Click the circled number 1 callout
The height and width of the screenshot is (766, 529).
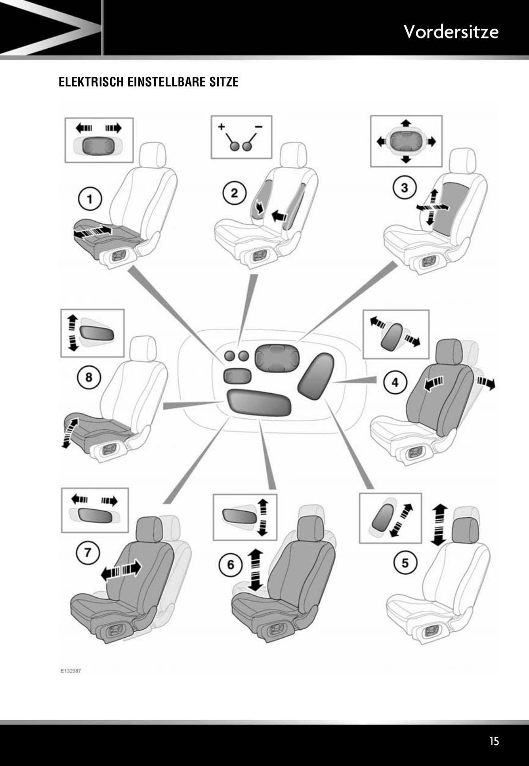(x=89, y=199)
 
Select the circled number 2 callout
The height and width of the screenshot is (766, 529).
(x=234, y=192)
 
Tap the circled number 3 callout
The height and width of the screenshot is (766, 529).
(x=404, y=188)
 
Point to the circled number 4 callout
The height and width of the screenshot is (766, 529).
(x=395, y=382)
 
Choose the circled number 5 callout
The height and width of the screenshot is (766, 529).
(x=405, y=563)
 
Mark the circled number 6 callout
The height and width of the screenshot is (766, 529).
(x=231, y=565)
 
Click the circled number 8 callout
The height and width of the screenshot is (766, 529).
(x=88, y=377)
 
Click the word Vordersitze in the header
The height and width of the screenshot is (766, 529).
(x=451, y=32)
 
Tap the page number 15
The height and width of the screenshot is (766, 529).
(x=494, y=741)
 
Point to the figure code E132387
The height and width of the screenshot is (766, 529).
(x=70, y=670)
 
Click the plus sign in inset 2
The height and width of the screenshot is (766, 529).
(x=221, y=126)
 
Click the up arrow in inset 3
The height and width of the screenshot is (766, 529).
(x=406, y=123)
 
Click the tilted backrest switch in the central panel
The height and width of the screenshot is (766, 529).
(x=316, y=376)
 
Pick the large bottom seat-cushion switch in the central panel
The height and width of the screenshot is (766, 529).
(x=258, y=402)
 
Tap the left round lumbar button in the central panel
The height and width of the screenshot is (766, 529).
(x=230, y=356)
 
